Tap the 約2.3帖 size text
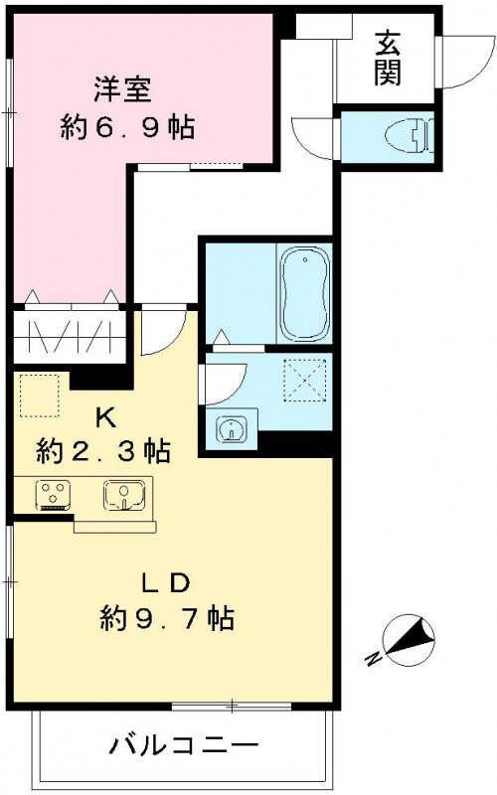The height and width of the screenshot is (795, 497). [x=103, y=452]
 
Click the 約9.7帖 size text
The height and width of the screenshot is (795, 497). [x=166, y=620]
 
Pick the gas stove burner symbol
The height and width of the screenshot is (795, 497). [x=51, y=494]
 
